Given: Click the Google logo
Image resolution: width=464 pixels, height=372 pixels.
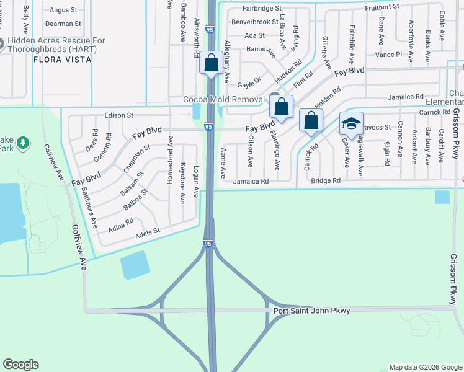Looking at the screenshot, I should coord(20,365).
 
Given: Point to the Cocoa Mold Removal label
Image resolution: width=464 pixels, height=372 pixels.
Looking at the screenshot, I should coord(224,99).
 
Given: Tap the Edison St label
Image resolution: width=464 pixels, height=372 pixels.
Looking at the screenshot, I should coord(119,115).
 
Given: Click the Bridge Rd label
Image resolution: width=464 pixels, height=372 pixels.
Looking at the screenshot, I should coord(326,180).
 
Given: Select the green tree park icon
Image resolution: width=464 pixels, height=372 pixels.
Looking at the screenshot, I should coord(24,143).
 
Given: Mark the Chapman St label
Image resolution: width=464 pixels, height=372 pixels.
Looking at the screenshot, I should coord(137,158).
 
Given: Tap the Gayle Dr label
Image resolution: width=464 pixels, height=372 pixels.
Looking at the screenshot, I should coord(249,79).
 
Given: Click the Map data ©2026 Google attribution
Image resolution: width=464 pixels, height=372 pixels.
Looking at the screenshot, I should coord(426,367).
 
